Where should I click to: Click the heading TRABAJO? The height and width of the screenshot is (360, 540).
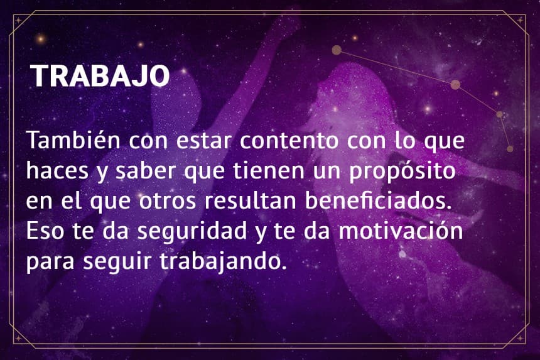[x=100, y=76]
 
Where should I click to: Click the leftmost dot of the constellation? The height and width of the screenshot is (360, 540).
[x=337, y=50]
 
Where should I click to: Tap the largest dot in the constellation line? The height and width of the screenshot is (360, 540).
[x=455, y=84]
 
